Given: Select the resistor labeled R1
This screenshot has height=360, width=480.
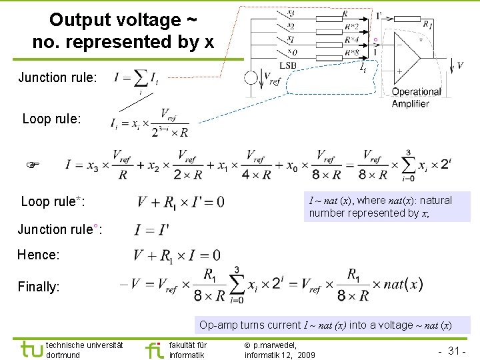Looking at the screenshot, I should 425,25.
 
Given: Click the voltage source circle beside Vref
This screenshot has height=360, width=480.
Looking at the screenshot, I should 251,77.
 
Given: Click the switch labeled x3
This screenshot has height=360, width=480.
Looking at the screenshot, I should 290,13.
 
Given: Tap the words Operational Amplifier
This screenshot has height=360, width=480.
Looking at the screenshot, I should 416,97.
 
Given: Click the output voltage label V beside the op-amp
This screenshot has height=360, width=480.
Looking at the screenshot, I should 460,65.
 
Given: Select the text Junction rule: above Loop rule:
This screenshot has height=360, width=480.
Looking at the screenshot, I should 57,77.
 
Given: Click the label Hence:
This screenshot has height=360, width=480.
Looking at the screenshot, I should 39,255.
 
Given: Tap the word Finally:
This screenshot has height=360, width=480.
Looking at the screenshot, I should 39,287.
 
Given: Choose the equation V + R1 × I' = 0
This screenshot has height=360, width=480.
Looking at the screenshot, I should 180,201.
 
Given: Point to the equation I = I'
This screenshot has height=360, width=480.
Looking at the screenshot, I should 151,230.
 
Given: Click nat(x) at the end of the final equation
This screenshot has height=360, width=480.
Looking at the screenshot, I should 403,284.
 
